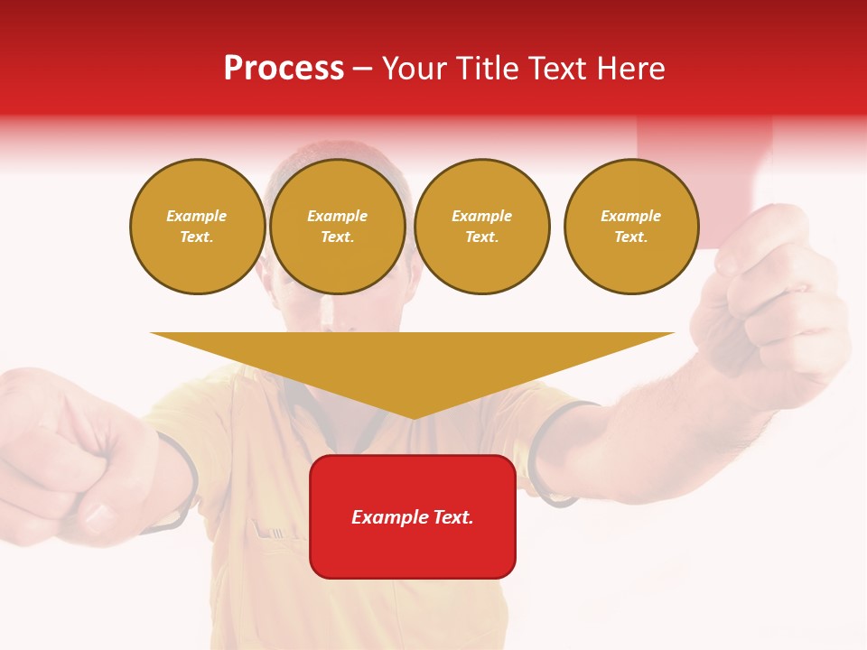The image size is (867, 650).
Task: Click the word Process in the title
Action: point(284,69)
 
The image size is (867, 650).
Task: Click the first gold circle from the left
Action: point(198,227)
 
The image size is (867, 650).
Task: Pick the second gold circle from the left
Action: point(338,227)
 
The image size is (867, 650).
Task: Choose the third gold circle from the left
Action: point(482,227)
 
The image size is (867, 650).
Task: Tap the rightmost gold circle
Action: point(631,227)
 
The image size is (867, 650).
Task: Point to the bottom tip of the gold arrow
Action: point(413,417)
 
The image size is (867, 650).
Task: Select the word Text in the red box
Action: point(454,517)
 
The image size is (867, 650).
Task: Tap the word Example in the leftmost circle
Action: point(197,216)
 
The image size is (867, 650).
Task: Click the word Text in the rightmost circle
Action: point(630,237)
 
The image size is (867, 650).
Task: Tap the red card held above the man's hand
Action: point(704,172)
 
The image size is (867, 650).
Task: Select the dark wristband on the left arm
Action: point(181,478)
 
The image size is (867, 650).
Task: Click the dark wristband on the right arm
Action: point(542,451)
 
